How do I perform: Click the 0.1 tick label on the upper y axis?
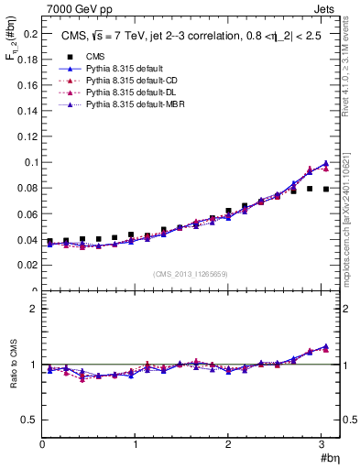[x=27, y=162]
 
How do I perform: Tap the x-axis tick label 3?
[x=322, y=444]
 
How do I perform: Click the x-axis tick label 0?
[x=42, y=444]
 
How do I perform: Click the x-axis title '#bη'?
[x=329, y=457]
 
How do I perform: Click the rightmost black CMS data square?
[x=325, y=189]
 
